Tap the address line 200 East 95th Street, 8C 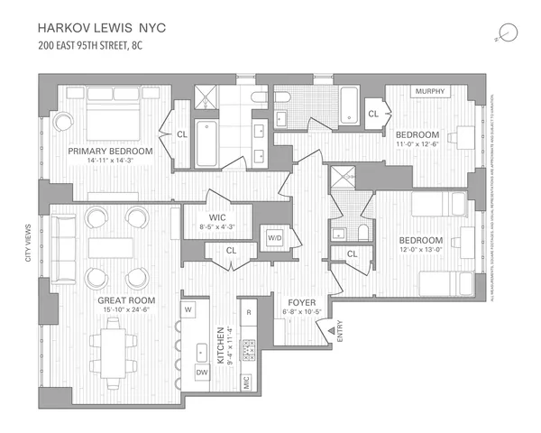point(102,41)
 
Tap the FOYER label point(300,303)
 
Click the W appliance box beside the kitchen point(189,309)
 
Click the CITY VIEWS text point(27,243)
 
